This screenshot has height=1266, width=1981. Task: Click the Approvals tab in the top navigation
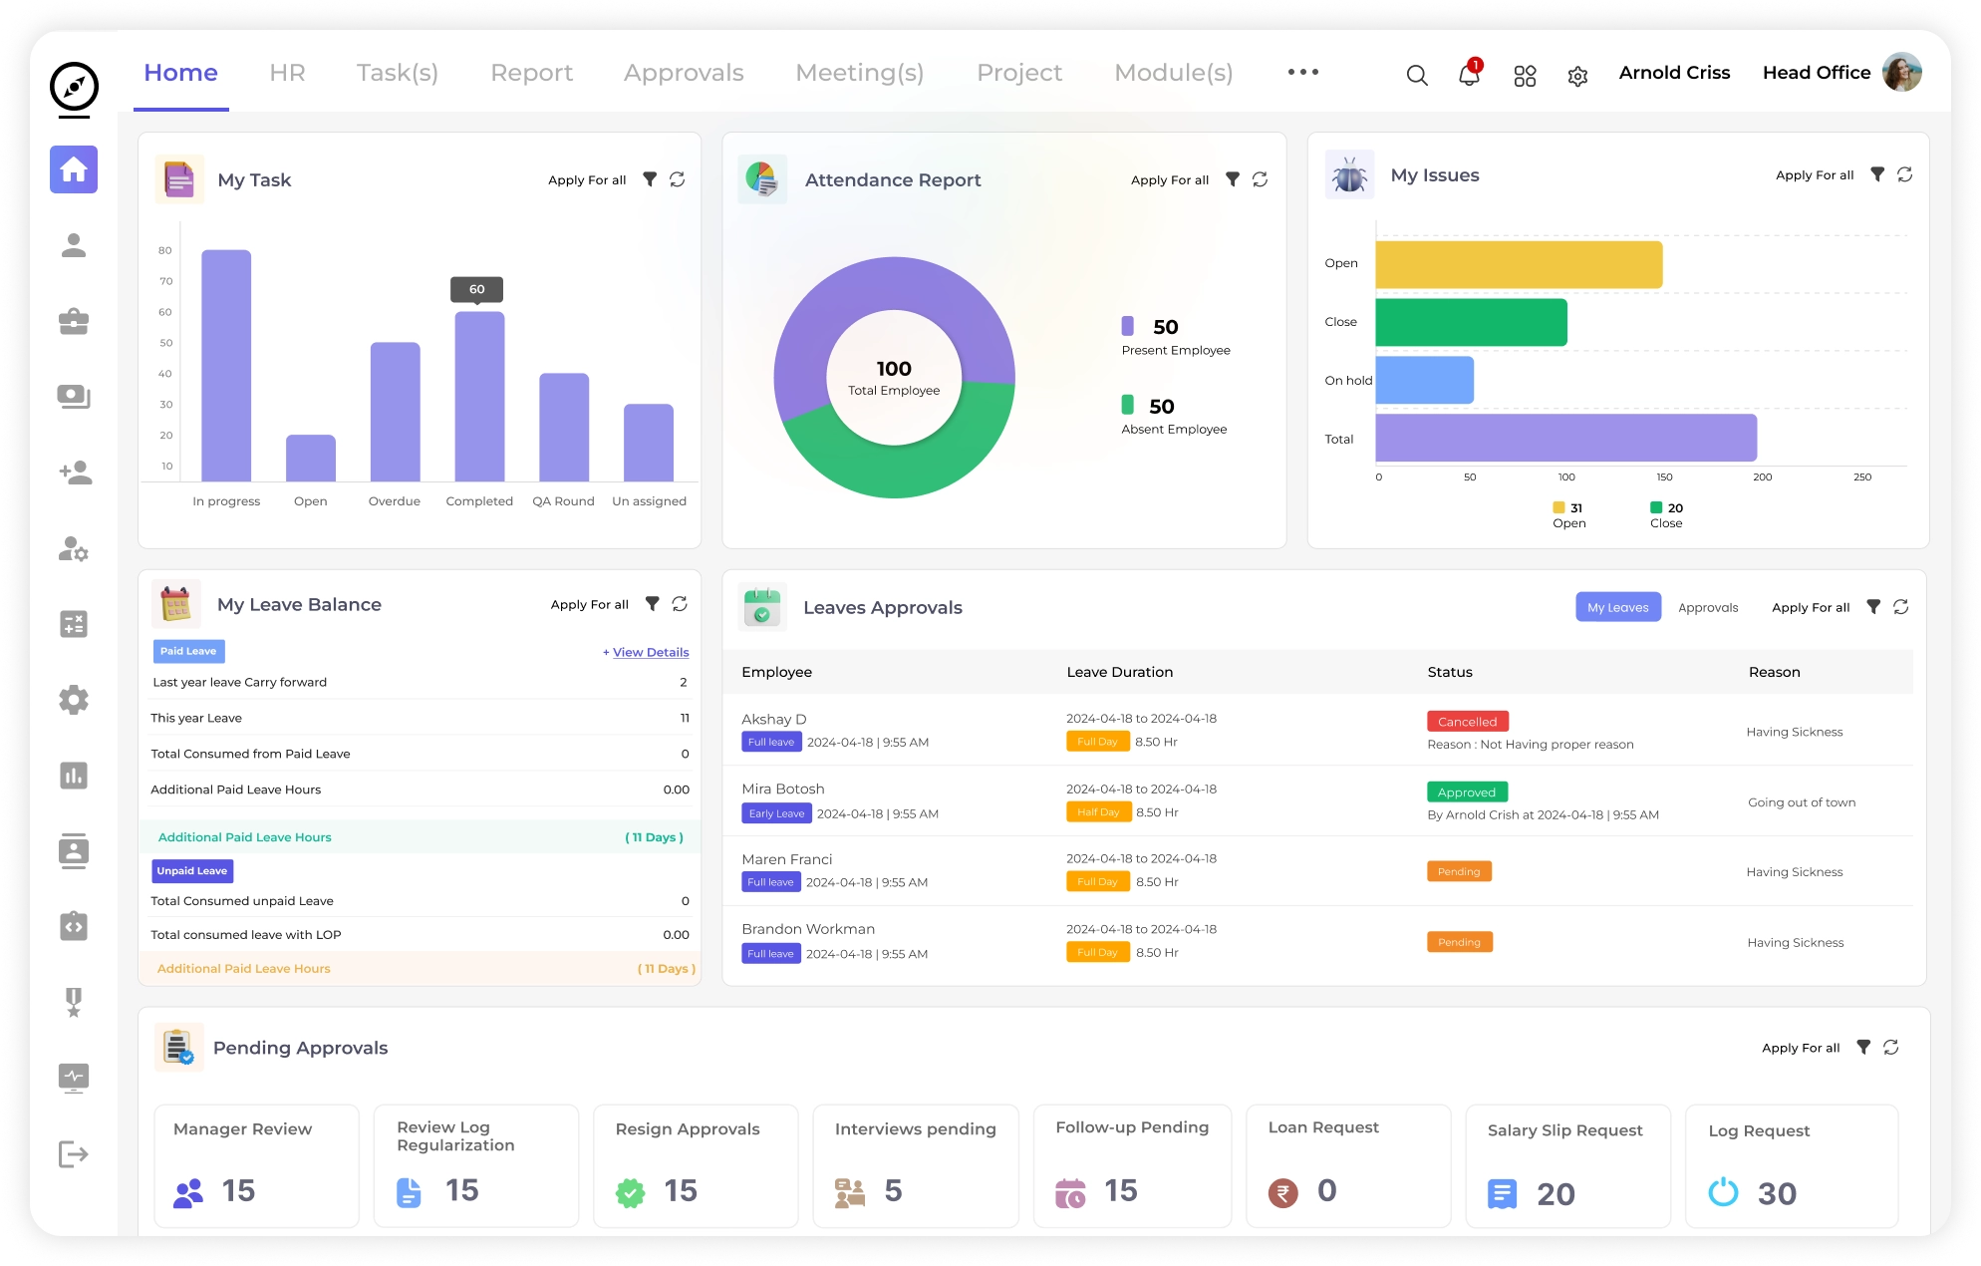click(x=684, y=73)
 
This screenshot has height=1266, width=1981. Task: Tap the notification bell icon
click(x=1469, y=75)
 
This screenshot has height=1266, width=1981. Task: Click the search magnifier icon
click(x=1416, y=75)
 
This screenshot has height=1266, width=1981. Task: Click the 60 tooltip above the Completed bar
click(x=476, y=289)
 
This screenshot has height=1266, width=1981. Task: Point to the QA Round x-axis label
click(x=563, y=501)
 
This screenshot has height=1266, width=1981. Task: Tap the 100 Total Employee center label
click(x=894, y=378)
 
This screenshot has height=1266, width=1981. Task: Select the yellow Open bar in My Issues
click(x=1518, y=265)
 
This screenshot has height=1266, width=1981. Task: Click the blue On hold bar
click(x=1424, y=380)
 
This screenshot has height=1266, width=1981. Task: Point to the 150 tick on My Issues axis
click(x=1664, y=477)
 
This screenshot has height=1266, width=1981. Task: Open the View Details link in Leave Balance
click(x=650, y=653)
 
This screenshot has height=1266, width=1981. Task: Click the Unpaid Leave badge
click(x=192, y=871)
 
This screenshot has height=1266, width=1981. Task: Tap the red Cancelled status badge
click(x=1467, y=722)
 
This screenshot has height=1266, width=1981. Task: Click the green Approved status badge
click(x=1466, y=792)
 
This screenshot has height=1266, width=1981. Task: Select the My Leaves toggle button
click(x=1617, y=607)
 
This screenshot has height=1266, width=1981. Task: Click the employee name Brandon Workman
click(x=808, y=929)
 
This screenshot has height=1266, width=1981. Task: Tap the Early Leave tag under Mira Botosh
click(x=776, y=813)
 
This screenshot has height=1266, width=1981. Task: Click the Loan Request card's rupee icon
click(x=1282, y=1192)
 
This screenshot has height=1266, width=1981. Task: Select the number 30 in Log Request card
click(x=1776, y=1193)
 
